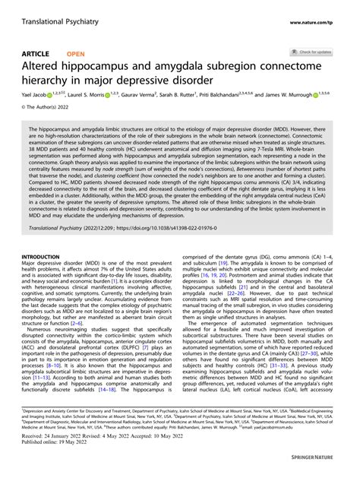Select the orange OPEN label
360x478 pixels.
(76, 55)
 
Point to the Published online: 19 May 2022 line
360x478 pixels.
(63, 466)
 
